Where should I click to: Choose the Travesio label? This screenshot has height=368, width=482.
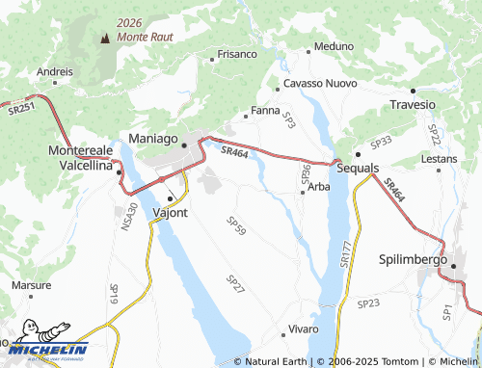coord(414,104)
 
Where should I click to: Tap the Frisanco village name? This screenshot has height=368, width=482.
coord(237,54)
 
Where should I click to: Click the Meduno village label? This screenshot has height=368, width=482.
coord(334,46)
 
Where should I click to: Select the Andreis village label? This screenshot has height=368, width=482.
coord(55,71)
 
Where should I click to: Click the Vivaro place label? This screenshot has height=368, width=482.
coord(303,329)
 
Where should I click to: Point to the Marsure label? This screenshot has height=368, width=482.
coord(31,286)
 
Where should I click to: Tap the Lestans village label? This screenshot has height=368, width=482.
coord(440,157)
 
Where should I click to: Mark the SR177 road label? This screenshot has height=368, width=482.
coord(345,253)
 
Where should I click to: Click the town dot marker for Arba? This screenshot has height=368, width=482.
coord(303,193)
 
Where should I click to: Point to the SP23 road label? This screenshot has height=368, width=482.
coord(368,303)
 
